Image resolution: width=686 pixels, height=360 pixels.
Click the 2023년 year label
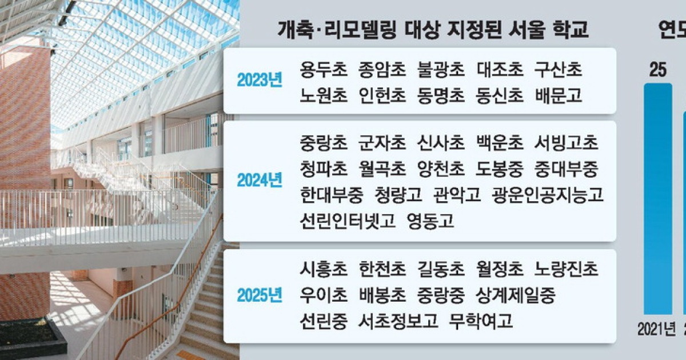[260, 80]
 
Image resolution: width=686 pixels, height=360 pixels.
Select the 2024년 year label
[260, 181]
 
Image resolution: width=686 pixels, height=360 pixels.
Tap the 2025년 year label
[260, 295]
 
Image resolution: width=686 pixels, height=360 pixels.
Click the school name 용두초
[324, 70]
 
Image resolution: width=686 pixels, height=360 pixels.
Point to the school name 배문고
[559, 95]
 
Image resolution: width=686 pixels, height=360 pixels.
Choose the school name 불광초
[441, 70]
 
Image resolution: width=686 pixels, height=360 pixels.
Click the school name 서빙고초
[566, 143]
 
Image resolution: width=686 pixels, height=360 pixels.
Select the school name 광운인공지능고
[548, 195]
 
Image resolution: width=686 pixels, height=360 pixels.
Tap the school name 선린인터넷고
[348, 221]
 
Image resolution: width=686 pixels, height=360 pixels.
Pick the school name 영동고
[430, 221]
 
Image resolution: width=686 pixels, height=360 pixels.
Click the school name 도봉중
[500, 169]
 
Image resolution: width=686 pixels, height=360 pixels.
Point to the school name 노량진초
[566, 269]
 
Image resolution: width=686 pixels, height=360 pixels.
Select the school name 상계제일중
[516, 295]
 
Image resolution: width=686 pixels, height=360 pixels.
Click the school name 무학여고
[481, 321]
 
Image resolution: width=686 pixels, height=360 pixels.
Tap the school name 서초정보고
[398, 321]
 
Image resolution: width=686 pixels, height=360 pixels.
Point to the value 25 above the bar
[658, 70]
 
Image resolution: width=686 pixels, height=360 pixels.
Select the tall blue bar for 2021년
[658, 199]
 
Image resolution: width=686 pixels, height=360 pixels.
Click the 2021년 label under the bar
[656, 329]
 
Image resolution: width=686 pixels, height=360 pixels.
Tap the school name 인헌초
[382, 95]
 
